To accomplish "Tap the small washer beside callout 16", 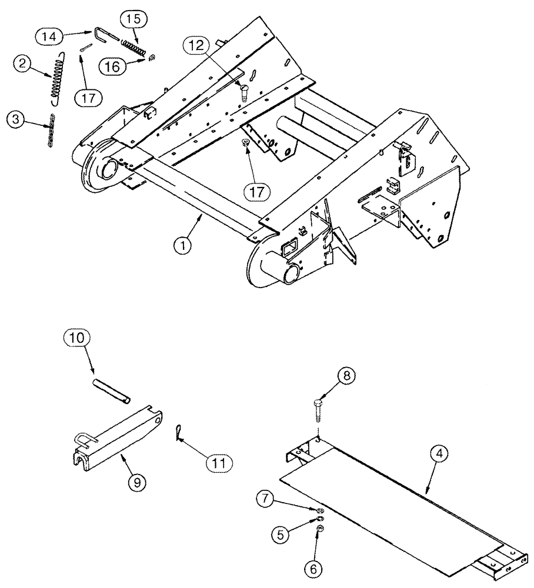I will point(151,57).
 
